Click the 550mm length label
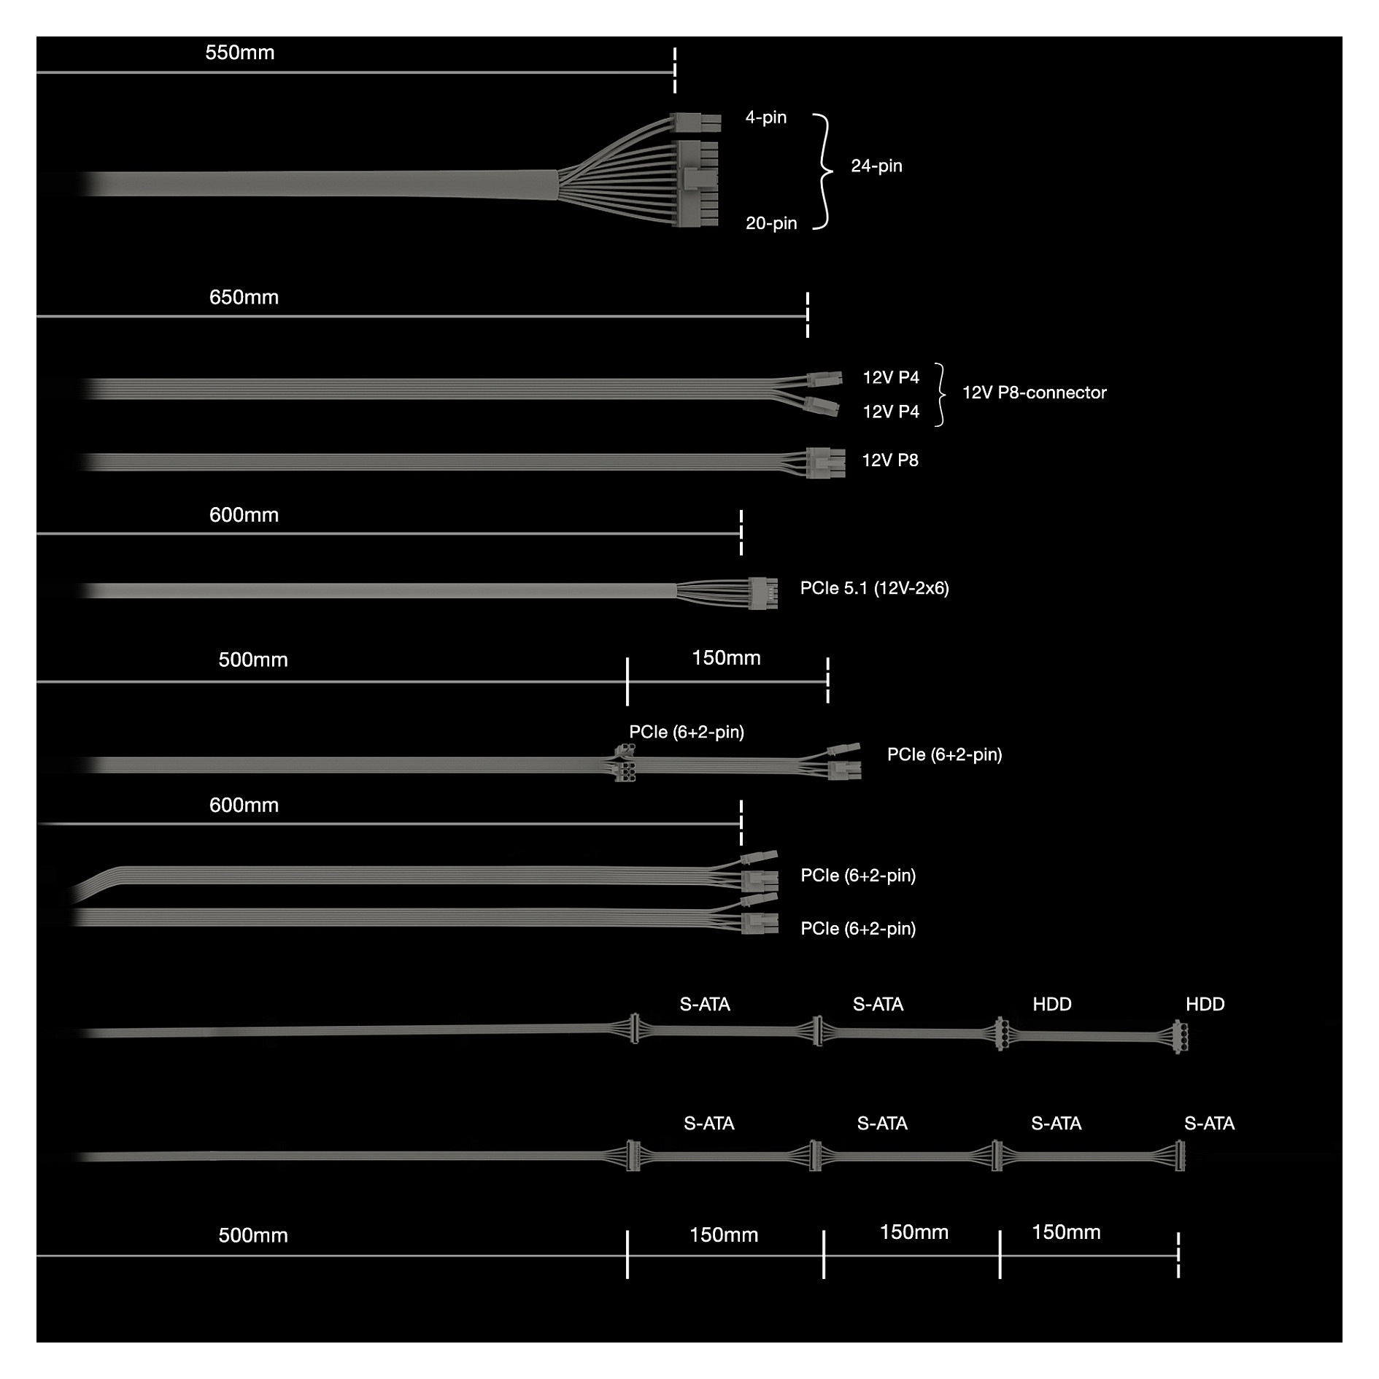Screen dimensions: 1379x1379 click(x=239, y=53)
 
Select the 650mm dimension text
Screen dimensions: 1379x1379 click(x=244, y=297)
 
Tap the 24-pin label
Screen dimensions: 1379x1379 click(x=876, y=166)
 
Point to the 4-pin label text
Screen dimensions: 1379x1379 click(x=765, y=117)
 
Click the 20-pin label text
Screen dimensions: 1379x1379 click(x=770, y=223)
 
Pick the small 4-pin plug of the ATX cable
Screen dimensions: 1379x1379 click(x=695, y=122)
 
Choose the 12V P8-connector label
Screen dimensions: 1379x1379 click(x=1034, y=393)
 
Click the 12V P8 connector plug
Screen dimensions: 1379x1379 click(x=825, y=463)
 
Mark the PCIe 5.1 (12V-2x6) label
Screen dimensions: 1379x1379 click(x=874, y=588)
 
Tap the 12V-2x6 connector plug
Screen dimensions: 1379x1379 click(x=762, y=592)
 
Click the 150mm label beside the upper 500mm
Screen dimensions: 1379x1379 click(x=726, y=657)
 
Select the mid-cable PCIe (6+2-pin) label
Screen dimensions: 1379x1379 click(x=687, y=732)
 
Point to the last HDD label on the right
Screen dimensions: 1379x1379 click(x=1205, y=1004)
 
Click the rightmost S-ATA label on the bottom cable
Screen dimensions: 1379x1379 click(x=1209, y=1123)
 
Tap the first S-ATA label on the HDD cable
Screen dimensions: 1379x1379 click(x=705, y=1004)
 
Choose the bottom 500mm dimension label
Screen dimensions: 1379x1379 click(x=253, y=1235)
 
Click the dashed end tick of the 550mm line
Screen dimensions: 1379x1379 click(x=675, y=70)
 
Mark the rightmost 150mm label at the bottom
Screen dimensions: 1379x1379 click(x=1066, y=1232)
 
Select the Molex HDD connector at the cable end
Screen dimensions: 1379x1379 click(x=1178, y=1036)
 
